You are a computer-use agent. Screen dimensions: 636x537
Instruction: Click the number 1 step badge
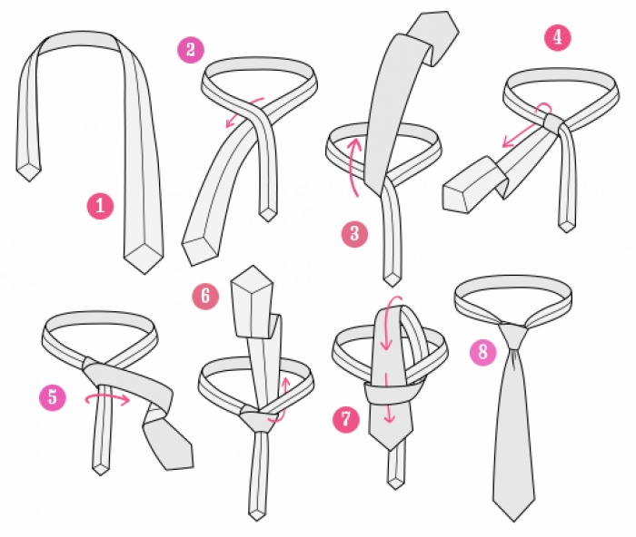(x=100, y=206)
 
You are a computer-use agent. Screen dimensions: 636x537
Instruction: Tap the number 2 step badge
(x=191, y=50)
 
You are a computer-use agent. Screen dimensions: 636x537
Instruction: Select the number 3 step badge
(x=354, y=234)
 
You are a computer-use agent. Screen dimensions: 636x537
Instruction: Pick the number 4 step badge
(x=557, y=37)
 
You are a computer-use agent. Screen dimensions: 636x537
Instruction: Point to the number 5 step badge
(x=53, y=397)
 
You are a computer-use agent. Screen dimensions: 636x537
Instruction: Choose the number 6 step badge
(x=205, y=296)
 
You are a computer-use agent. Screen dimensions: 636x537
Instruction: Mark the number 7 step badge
(x=346, y=418)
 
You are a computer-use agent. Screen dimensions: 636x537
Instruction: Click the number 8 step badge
(x=482, y=351)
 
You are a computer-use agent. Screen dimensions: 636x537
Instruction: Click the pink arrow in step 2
(x=243, y=112)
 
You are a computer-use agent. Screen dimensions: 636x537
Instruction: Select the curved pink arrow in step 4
(x=527, y=125)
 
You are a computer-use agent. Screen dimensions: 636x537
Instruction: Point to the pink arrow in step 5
(x=107, y=398)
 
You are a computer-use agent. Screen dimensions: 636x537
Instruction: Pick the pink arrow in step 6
(x=283, y=401)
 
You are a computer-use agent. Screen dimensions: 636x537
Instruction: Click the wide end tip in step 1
(x=144, y=274)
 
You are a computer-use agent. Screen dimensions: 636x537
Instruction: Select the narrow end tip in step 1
(x=29, y=181)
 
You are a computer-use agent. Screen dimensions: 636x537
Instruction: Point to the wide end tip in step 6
(x=253, y=266)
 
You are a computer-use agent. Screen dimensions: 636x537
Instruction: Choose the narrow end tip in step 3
(x=392, y=286)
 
